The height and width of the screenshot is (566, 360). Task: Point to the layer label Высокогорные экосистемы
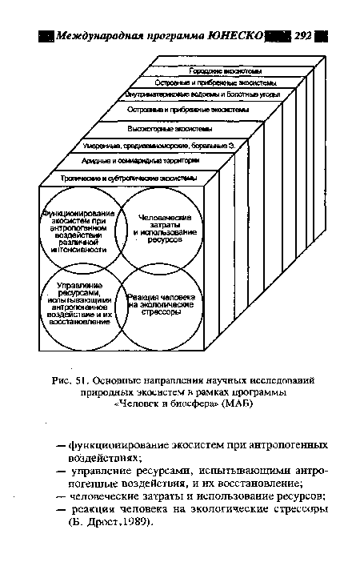click(170, 128)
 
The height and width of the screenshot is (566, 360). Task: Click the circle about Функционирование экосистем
click(78, 230)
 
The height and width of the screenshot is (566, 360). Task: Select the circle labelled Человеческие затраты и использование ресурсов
click(160, 228)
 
